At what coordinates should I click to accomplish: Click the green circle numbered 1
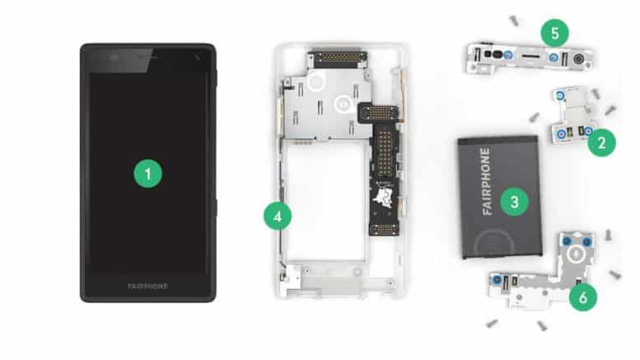(147, 174)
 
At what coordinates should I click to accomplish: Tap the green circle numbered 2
(601, 143)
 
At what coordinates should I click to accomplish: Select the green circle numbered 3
(514, 202)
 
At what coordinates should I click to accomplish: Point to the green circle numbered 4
(278, 216)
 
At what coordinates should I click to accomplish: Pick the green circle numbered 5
(554, 33)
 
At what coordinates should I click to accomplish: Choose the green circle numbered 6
(583, 297)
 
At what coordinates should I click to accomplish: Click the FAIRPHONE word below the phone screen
(147, 287)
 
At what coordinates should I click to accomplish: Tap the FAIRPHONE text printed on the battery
(486, 181)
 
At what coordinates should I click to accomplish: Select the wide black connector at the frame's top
(339, 59)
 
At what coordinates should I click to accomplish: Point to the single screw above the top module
(514, 20)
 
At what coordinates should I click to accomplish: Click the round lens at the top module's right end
(578, 59)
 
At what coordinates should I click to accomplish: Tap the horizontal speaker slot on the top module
(530, 55)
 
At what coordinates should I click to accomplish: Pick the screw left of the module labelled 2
(534, 118)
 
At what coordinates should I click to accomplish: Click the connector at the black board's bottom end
(384, 230)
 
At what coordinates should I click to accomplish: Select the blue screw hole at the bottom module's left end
(498, 280)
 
